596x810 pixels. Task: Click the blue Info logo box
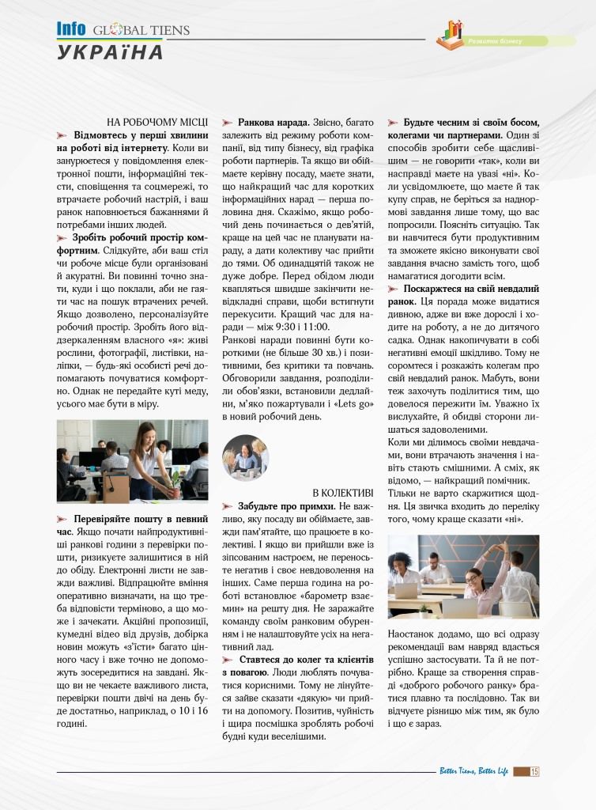pyautogui.click(x=71, y=29)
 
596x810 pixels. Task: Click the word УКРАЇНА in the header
pyautogui.click(x=110, y=52)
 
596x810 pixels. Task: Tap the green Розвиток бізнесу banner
pyautogui.click(x=514, y=40)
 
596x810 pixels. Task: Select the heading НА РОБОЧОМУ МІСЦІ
pyautogui.click(x=157, y=122)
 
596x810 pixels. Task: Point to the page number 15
pyautogui.click(x=534, y=771)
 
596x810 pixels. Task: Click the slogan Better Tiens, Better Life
pyautogui.click(x=473, y=771)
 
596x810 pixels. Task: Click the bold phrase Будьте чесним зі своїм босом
pyautogui.click(x=471, y=123)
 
